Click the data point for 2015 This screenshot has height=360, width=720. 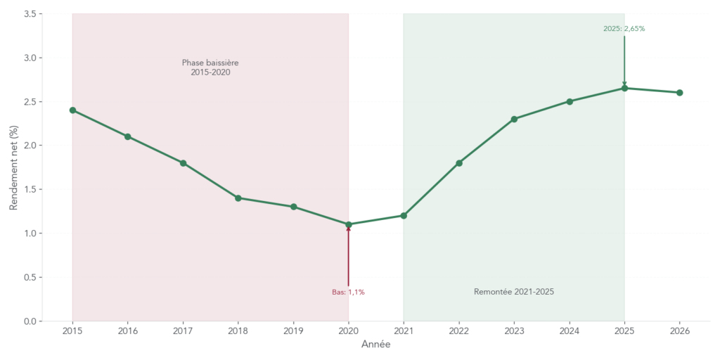[x=72, y=110]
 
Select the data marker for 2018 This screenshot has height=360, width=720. [x=238, y=198]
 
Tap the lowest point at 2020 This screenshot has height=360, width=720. [x=349, y=224]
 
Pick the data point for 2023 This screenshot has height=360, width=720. [x=514, y=119]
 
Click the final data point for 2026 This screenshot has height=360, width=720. [x=680, y=93]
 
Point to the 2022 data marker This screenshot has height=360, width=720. [x=459, y=163]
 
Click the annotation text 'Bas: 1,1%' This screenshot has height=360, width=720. [x=348, y=292]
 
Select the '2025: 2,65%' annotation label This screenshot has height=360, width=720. [x=624, y=29]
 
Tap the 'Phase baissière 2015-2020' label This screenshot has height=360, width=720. [x=210, y=67]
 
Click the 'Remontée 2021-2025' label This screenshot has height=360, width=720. [x=514, y=291]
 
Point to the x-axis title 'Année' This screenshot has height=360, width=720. [x=376, y=345]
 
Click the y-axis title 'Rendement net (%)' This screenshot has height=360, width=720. [x=13, y=167]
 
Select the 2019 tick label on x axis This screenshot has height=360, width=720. [x=293, y=330]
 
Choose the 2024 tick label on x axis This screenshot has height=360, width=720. [x=570, y=330]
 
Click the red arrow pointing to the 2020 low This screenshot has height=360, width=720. [x=349, y=257]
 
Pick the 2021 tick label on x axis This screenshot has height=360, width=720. [x=404, y=330]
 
